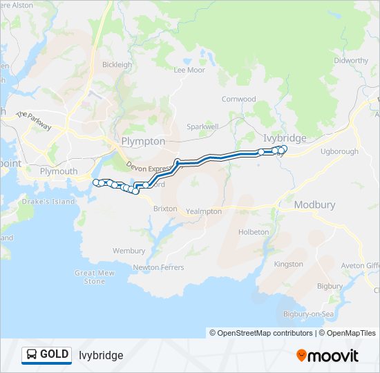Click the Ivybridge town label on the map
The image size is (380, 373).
point(285,138)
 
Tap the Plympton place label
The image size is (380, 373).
point(143,141)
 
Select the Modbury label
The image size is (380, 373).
point(314,205)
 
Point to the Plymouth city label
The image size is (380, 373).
point(59,171)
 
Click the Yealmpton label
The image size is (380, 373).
point(204,211)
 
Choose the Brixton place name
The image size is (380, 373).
point(165,209)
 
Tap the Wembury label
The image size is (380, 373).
point(129,251)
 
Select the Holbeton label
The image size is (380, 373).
point(254,232)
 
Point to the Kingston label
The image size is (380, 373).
point(288,264)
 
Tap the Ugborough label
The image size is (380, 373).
point(340,151)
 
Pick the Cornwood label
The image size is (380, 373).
point(238,99)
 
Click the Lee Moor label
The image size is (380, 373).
point(189,70)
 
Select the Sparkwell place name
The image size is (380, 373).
point(202,127)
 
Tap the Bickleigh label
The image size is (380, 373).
point(117,65)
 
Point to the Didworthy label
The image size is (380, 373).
point(351,61)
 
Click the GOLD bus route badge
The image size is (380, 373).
point(47,355)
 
